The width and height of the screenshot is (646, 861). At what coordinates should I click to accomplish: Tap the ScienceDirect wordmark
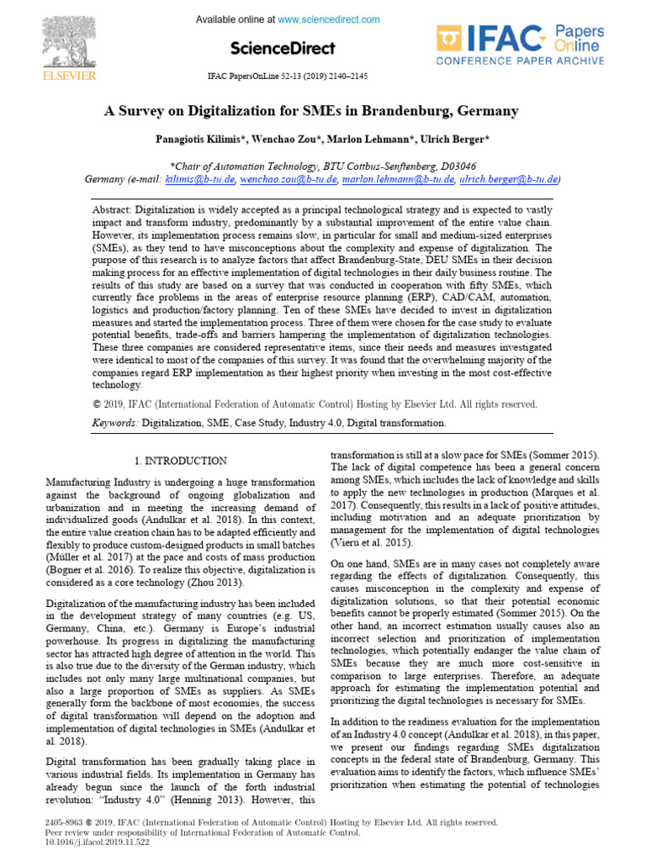283,48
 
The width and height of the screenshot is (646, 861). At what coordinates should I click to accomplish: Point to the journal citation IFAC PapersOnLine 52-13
289,76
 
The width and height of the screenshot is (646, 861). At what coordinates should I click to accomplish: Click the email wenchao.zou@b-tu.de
289,179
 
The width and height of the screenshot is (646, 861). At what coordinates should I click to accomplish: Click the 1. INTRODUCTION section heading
181,462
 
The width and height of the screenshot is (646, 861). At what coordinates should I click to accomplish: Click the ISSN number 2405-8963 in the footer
64,822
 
